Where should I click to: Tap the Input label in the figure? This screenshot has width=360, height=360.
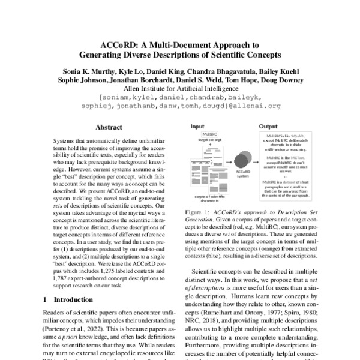point(197,127)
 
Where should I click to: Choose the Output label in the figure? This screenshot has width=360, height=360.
point(268,127)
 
